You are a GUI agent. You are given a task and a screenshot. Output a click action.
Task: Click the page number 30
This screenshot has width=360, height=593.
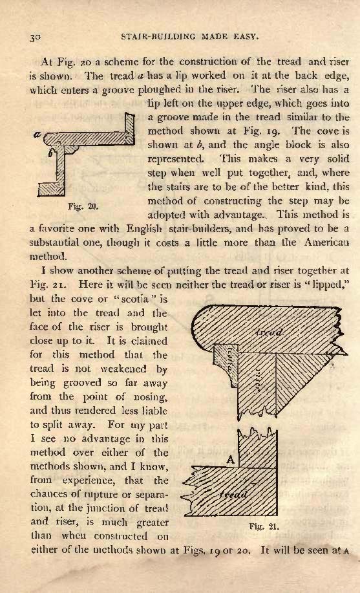[34, 37]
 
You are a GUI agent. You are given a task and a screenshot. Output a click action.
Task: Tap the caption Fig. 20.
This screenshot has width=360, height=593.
[83, 206]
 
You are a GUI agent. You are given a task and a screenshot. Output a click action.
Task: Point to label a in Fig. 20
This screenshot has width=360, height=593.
[38, 135]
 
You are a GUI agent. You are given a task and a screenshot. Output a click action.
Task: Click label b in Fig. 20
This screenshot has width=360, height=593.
[50, 153]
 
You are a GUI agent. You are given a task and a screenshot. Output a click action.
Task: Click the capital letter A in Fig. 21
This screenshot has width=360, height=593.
[231, 460]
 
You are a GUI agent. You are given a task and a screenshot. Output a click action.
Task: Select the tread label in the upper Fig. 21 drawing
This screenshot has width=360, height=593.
[269, 333]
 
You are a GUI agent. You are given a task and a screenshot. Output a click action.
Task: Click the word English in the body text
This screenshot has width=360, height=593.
[144, 229]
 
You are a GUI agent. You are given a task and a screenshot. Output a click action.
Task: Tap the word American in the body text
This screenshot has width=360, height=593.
[326, 243]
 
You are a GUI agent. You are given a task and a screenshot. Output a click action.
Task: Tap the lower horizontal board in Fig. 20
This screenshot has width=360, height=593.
[51, 188]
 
